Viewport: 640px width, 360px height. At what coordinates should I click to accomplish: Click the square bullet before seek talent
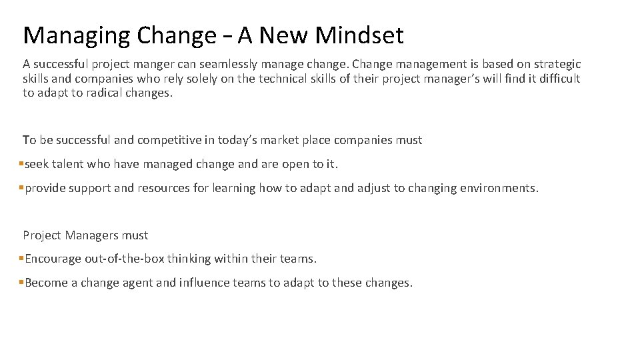tap(21, 164)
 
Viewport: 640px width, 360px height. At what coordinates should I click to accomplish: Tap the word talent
tap(68, 164)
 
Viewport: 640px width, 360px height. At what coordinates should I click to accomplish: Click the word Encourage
tap(53, 259)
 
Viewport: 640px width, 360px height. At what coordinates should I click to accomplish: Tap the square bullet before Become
tap(21, 283)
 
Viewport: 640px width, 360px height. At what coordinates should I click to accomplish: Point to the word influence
tap(204, 283)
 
